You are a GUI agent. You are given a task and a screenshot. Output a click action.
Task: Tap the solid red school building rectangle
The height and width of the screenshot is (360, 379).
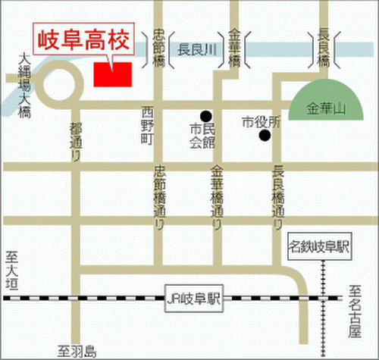coord(111,74)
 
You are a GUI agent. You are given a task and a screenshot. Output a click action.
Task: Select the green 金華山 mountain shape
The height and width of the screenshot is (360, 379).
coord(325,107)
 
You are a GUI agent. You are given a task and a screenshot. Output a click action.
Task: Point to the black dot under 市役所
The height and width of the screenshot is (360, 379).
coord(264,136)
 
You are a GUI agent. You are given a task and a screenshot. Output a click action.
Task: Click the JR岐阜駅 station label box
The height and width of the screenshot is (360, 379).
coord(193,297)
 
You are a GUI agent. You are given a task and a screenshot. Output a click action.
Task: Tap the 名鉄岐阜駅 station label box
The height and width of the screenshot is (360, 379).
coord(321,247)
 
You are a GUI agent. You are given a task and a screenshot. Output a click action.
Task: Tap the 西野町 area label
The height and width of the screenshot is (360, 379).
coord(147,126)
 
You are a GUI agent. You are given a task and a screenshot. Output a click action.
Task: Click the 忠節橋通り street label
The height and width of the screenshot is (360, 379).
coord(159,199)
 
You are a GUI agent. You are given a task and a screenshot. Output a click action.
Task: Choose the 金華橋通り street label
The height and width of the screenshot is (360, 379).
coord(217,199)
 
